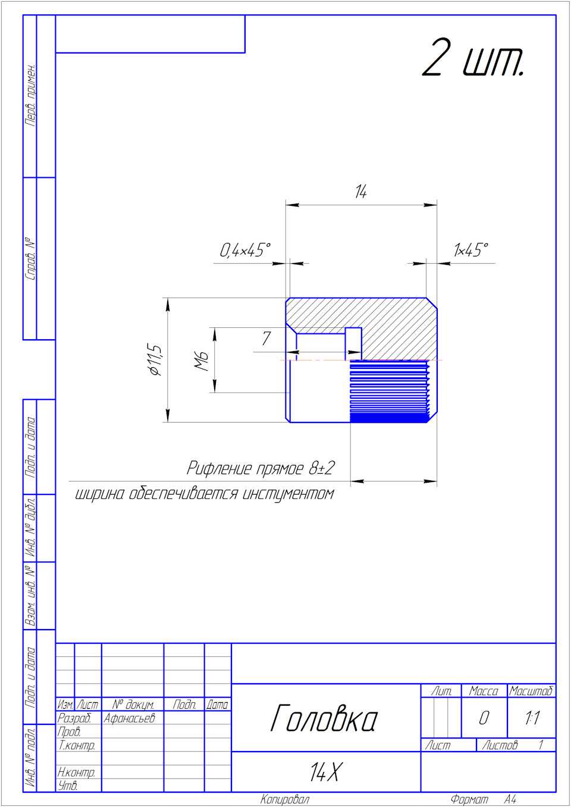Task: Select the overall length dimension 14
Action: (x=360, y=192)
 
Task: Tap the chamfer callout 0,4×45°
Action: (x=245, y=251)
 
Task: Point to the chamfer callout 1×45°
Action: (x=470, y=251)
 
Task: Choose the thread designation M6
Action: (x=202, y=360)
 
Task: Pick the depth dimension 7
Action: (x=266, y=339)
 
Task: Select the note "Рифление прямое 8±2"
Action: (x=261, y=468)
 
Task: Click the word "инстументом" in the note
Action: (x=290, y=494)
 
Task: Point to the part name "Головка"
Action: (x=324, y=718)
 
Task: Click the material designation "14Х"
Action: (x=325, y=773)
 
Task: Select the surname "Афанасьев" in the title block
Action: (x=129, y=718)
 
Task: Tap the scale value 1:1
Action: (x=532, y=718)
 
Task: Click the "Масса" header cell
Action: (x=484, y=691)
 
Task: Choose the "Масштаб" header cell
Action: (x=531, y=691)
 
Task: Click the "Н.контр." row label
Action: (x=76, y=772)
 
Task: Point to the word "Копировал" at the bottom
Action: (x=284, y=799)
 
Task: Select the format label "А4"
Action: (x=510, y=799)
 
